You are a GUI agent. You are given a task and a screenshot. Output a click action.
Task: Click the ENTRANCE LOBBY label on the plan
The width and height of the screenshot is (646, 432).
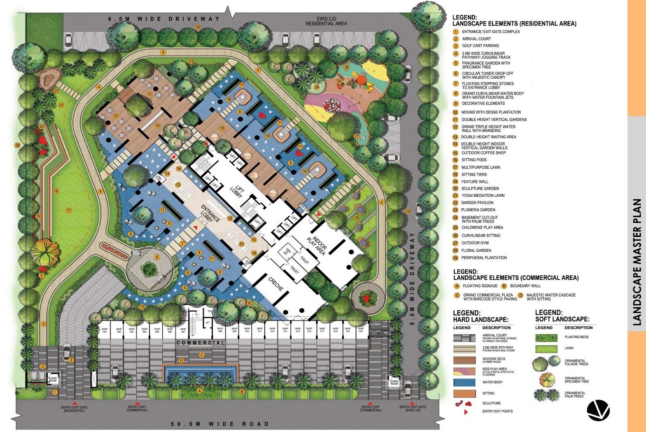coord(210,213)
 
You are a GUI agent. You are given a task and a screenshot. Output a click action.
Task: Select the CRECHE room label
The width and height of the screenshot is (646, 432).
coord(276,284)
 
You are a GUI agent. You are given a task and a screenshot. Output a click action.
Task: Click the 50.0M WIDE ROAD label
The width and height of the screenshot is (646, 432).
coord(220,424)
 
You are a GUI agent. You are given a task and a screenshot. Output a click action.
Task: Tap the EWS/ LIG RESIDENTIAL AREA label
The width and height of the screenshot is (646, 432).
coord(326,21)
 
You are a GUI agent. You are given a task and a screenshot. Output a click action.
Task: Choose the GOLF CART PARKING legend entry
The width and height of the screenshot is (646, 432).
coord(480,46)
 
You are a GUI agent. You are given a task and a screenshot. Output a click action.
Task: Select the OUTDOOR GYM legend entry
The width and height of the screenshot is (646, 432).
coord(475,243)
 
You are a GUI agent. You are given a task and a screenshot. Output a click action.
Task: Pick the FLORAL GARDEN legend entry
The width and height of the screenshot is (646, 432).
coord(476,250)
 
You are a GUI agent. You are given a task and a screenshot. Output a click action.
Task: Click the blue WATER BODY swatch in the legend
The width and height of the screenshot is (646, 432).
coord(464,382)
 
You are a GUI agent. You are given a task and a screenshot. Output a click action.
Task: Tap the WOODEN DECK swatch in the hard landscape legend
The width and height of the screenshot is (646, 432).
coord(464,360)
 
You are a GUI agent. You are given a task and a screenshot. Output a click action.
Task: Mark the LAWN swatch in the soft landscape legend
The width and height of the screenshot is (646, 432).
coord(546,348)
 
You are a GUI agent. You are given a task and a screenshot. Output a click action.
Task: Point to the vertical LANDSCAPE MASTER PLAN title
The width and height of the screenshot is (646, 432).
coord(637,262)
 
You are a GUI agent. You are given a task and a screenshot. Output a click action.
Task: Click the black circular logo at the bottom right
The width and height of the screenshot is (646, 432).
coord(598,410)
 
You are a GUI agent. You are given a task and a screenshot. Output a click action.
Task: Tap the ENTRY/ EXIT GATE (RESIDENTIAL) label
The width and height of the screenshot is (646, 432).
coord(74,409)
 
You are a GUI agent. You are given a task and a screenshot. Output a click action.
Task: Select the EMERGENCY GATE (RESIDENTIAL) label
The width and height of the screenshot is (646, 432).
coord(380,333)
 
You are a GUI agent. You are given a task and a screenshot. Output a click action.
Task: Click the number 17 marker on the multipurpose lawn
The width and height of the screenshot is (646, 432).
coord(69,210)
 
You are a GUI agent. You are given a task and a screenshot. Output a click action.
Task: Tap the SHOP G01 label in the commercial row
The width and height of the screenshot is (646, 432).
coord(105,330)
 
